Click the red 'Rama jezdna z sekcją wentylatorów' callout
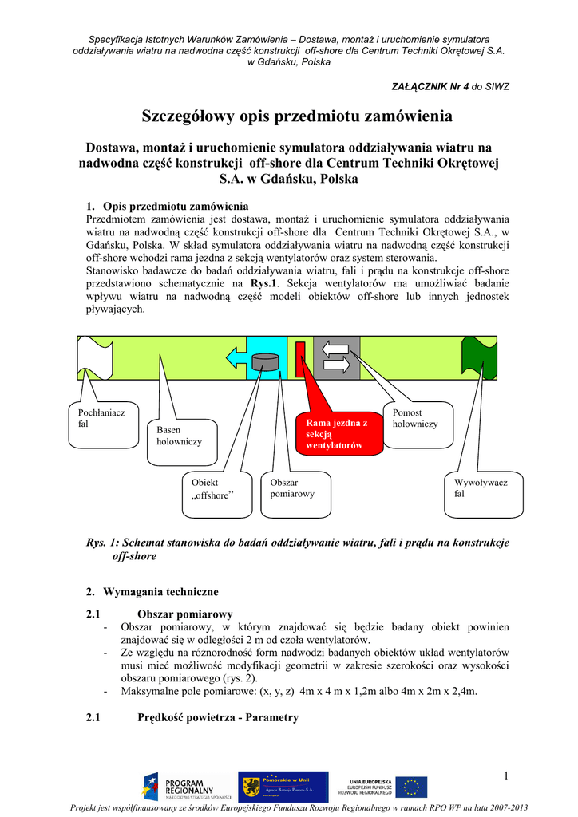coord(331,433)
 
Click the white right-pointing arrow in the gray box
coord(337,367)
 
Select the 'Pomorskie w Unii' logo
coord(283,787)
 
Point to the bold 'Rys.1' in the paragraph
coord(263,282)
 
